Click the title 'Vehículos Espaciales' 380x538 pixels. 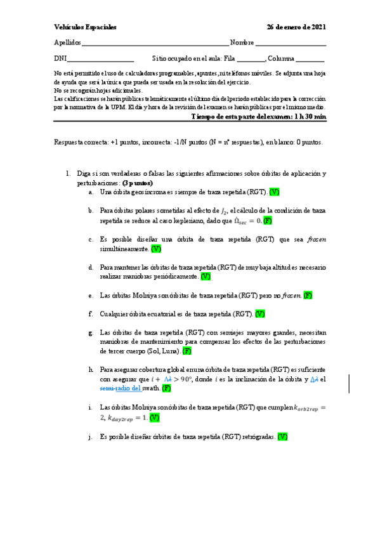click(85, 27)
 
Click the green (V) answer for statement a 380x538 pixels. click(275, 192)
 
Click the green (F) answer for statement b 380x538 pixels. click(268, 220)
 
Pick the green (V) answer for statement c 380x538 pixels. click(156, 249)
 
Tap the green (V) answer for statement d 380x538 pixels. click(206, 277)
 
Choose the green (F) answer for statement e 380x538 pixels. click(308, 295)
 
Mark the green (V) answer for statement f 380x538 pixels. click(260, 313)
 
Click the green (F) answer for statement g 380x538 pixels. click(187, 351)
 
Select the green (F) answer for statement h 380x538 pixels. click(166, 388)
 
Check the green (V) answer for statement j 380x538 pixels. click(283, 436)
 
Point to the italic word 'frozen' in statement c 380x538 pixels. click(316, 240)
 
